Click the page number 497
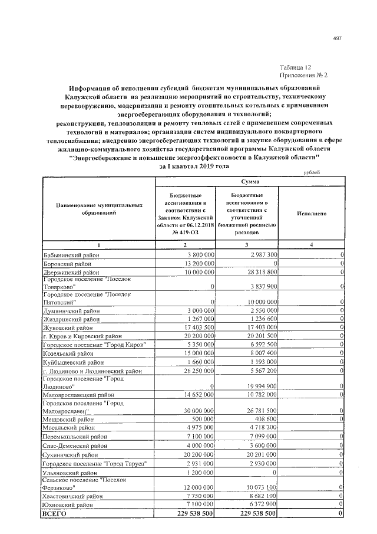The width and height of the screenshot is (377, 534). (338, 38)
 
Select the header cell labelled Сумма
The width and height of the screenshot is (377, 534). (248, 183)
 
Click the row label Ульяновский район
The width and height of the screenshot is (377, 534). (70, 473)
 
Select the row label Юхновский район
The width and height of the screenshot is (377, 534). (67, 505)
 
